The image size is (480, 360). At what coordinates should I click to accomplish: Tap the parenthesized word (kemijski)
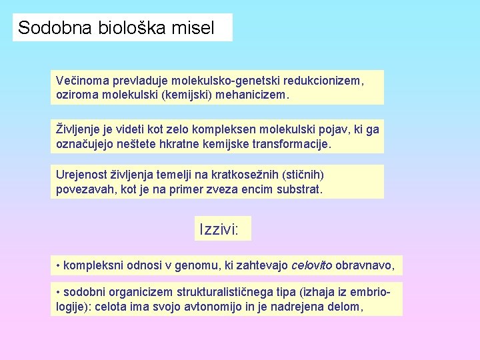coord(187,95)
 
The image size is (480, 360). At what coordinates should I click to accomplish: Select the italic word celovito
coord(312,265)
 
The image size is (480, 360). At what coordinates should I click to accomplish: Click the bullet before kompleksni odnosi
coord(58,265)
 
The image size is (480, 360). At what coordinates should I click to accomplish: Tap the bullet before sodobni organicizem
coord(58,293)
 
